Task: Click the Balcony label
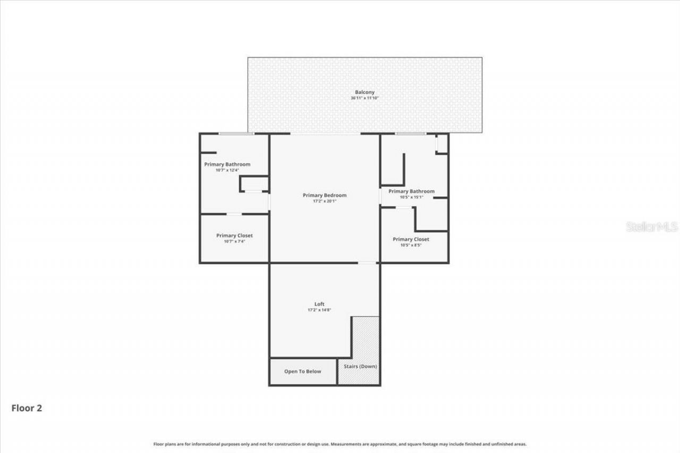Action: click(364, 92)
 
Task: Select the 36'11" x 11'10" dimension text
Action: click(364, 98)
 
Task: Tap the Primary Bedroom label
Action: click(324, 195)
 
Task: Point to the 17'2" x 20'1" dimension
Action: click(324, 201)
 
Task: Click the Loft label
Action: click(319, 304)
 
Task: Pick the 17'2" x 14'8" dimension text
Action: click(319, 310)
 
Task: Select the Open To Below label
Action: click(302, 371)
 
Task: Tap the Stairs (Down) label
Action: click(360, 366)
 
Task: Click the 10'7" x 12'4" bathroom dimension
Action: click(226, 170)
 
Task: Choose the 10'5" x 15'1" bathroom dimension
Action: click(411, 197)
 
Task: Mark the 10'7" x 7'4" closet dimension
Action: click(234, 241)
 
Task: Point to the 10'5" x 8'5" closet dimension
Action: click(411, 245)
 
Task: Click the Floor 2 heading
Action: click(27, 408)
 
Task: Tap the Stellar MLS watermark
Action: click(652, 227)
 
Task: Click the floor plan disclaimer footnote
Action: click(340, 444)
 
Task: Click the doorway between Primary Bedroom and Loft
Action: click(367, 262)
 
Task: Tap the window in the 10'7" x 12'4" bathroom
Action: click(236, 133)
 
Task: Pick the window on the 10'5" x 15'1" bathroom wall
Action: click(410, 133)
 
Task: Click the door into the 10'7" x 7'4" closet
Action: click(234, 214)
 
